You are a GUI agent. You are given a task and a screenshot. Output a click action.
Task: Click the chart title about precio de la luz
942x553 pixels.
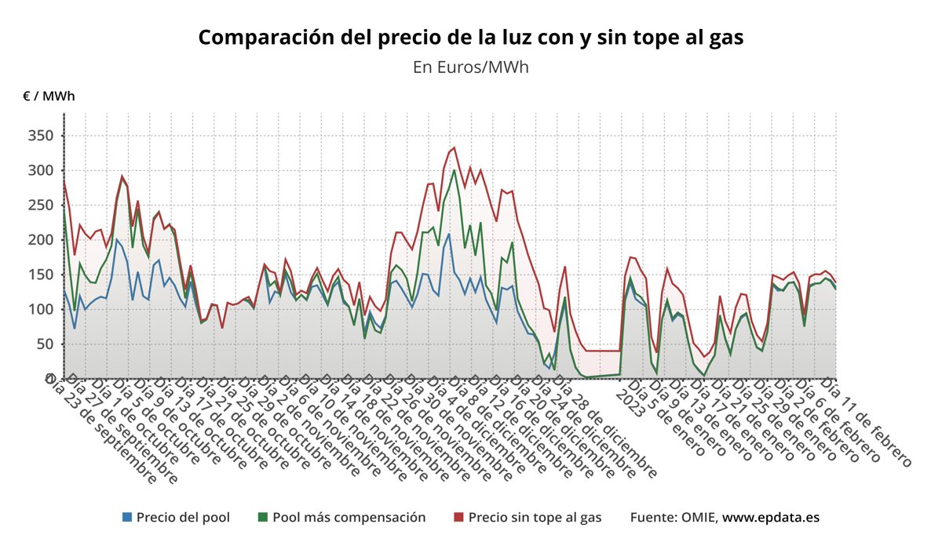point(470,37)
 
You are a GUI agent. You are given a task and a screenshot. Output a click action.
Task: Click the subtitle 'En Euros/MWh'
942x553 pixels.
point(470,67)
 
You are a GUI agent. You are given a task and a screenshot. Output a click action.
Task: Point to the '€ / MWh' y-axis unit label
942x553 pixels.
point(49,96)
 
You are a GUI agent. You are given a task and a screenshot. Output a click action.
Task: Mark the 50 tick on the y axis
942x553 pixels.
point(44,344)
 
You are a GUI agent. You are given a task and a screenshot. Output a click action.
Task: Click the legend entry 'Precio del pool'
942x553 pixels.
point(183,517)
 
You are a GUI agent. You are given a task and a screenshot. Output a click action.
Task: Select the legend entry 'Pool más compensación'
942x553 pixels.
point(349,517)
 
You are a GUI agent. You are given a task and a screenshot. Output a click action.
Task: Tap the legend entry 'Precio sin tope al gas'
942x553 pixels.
point(535,517)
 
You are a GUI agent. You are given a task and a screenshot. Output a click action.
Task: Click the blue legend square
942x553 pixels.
point(127,517)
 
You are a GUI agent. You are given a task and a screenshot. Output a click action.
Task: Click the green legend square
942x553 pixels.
point(263,517)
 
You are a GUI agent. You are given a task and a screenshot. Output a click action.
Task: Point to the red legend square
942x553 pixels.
point(459,517)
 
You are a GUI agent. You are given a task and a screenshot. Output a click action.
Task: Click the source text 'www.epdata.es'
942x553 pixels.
point(771,517)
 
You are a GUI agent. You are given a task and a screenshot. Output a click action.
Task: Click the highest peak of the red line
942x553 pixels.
point(454,147)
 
